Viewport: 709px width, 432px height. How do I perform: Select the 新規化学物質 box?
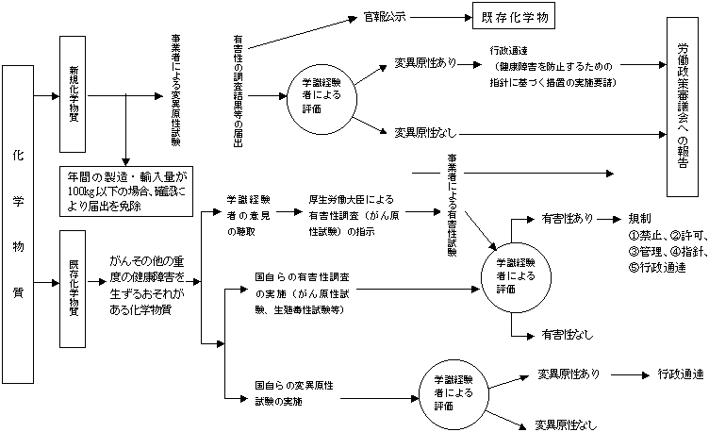click(x=74, y=93)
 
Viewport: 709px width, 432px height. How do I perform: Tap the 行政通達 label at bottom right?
click(x=680, y=374)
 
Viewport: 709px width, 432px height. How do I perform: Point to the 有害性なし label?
click(x=568, y=334)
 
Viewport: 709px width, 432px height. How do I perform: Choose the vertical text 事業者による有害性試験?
click(x=450, y=213)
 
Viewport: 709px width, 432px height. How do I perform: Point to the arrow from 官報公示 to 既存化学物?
click(x=441, y=17)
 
